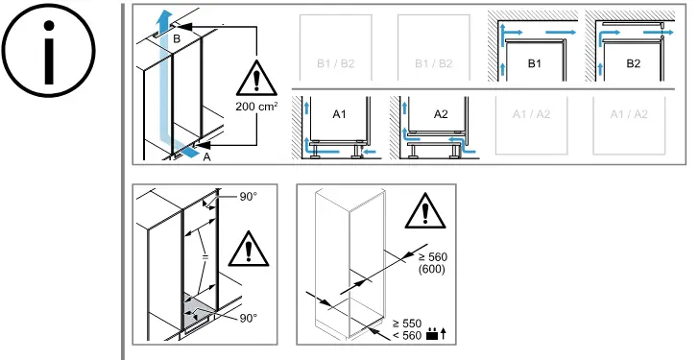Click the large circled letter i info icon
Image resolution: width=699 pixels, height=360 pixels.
tap(49, 50)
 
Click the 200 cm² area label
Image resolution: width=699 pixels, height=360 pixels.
tap(256, 107)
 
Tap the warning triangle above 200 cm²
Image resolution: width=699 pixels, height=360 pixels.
tap(256, 78)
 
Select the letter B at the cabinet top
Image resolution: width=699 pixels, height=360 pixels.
tap(177, 38)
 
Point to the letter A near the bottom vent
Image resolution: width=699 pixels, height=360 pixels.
tap(206, 156)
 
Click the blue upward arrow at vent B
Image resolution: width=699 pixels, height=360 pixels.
tap(165, 22)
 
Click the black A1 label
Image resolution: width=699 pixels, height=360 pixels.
tap(339, 114)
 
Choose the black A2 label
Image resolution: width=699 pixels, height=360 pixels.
tap(441, 114)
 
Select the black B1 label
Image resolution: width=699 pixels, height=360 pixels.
tap(534, 63)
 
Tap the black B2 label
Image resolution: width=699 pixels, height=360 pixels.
tap(634, 63)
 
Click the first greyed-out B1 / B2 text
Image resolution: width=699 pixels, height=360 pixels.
tap(336, 63)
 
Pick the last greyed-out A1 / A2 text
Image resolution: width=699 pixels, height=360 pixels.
tap(629, 114)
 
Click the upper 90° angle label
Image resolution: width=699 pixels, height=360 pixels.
tap(249, 197)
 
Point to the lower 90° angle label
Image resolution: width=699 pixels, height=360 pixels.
tap(249, 318)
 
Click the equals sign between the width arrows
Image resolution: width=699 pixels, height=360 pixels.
tap(205, 257)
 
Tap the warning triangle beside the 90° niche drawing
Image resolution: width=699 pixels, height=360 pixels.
tap(249, 249)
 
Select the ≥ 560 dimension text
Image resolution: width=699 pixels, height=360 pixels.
tap(432, 257)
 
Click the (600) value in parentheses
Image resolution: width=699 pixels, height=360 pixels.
tap(432, 269)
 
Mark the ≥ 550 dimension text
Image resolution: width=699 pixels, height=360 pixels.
tap(406, 324)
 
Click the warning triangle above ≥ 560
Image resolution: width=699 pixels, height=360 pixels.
tap(425, 211)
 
